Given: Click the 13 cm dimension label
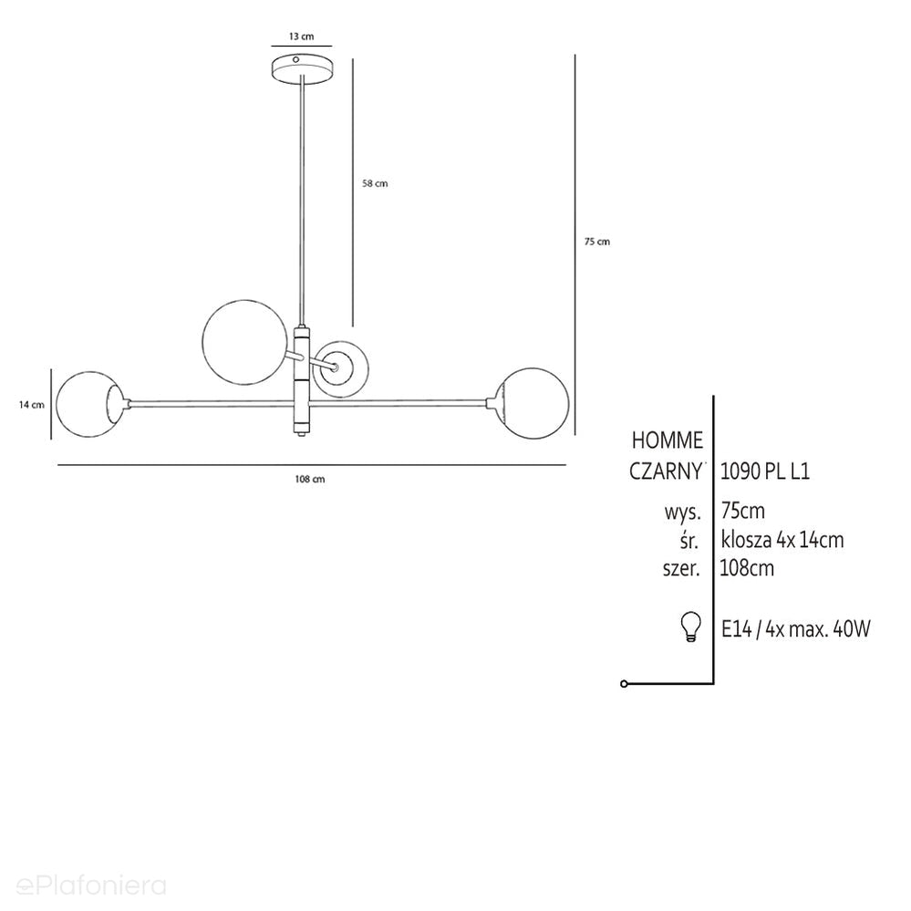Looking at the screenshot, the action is [301, 36].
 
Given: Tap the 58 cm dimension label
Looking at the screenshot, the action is [375, 183].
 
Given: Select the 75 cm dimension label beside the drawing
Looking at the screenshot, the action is [597, 242].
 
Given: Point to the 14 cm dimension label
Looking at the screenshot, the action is [31, 405].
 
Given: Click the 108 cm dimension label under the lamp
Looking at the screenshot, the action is [310, 480].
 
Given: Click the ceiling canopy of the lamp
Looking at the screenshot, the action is [301, 68].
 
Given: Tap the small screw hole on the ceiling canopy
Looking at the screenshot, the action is [295, 59].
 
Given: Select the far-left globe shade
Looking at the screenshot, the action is [90, 404].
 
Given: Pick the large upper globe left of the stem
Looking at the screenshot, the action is [244, 342].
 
